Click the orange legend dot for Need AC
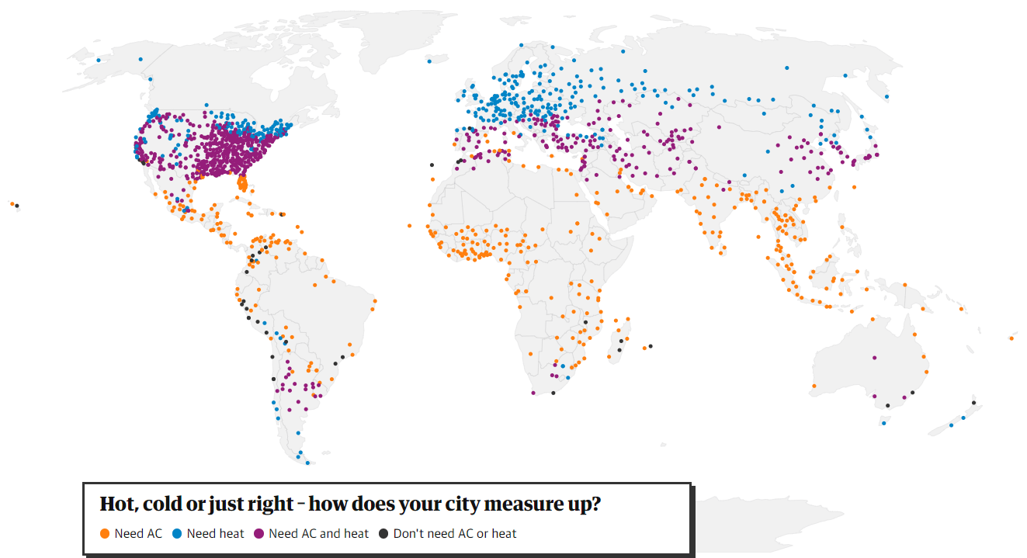(x=105, y=534)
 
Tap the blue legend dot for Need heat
(x=178, y=534)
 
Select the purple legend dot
(x=258, y=534)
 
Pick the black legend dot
(x=383, y=534)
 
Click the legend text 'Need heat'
(x=215, y=534)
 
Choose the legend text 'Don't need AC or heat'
(x=455, y=534)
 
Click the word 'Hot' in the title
(x=114, y=504)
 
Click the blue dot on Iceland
(x=429, y=61)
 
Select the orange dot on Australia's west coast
(x=814, y=386)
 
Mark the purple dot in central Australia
(x=875, y=358)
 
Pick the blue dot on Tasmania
(x=883, y=423)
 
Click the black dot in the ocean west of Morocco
(x=432, y=165)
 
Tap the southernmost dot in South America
(x=307, y=463)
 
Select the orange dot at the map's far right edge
(x=1011, y=338)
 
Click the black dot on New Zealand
(x=973, y=403)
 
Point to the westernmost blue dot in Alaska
(x=99, y=60)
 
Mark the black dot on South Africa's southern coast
(x=553, y=393)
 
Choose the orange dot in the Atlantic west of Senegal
(x=409, y=226)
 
